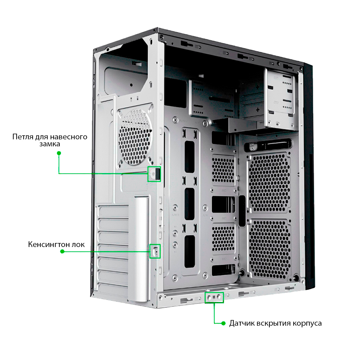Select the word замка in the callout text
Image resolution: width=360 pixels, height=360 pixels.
50,144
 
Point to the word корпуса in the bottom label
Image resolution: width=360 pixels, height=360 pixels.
307,324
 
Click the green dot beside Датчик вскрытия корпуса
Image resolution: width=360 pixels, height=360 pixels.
223,323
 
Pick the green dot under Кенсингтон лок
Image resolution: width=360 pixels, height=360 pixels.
62,251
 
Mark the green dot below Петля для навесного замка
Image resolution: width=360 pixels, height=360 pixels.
59,153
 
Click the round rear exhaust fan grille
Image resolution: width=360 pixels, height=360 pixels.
135,136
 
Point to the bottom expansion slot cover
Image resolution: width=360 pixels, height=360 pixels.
113,290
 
